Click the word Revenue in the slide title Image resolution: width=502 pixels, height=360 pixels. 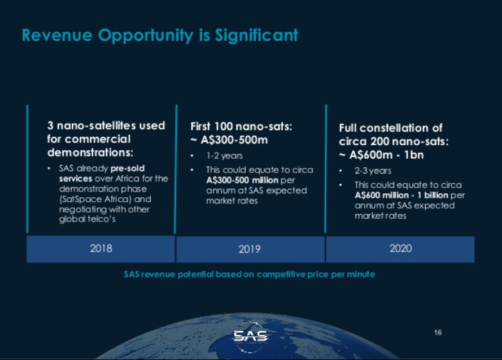pos(57,35)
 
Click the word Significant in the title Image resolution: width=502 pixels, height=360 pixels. pos(256,35)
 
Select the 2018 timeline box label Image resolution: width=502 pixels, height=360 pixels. pos(101,249)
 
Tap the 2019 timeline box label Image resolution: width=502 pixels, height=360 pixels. pos(250,249)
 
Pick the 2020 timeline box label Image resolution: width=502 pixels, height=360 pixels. pos(400,249)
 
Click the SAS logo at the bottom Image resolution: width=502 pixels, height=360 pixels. pos(250,337)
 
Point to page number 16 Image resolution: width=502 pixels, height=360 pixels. pos(438,332)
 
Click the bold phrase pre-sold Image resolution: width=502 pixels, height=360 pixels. pos(128,168)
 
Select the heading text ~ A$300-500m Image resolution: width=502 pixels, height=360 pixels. pos(229,140)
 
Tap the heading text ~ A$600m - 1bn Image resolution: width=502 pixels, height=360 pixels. pos(381,155)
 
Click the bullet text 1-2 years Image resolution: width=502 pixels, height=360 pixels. pos(224,155)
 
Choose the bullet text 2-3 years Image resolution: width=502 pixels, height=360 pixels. pos(373,171)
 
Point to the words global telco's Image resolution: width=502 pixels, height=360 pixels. pos(87,219)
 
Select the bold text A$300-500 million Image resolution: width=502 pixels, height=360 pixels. pos(242,180)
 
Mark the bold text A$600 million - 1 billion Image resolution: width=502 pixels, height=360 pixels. pos(401,196)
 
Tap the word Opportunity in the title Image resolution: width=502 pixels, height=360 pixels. pos(146,36)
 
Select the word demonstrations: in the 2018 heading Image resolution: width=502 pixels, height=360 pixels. pos(90,153)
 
